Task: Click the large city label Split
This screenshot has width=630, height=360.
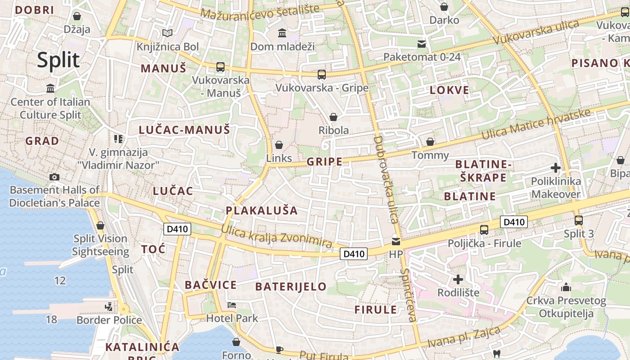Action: pos(58,60)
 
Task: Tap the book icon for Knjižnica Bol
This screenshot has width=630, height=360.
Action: pos(167,33)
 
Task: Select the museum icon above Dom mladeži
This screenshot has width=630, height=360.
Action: pos(282,33)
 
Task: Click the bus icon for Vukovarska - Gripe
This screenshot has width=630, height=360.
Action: pos(321,75)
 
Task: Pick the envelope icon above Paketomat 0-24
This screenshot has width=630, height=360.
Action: pos(422,44)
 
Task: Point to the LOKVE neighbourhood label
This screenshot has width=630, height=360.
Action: pos(449,90)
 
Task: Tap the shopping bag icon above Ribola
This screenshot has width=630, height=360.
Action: pos(333,117)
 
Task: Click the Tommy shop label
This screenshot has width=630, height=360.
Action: pos(430,155)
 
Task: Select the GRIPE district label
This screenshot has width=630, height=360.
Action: pos(324,162)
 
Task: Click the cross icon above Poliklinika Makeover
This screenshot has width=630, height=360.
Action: pos(556,168)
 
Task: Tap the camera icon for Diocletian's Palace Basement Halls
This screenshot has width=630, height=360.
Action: pos(54,177)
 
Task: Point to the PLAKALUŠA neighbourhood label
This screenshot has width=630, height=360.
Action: pos(261,210)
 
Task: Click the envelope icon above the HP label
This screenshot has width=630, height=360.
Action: pos(396,241)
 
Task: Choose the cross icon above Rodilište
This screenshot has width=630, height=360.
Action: pos(458,279)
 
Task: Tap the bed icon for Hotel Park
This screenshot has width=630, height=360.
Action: pos(232,305)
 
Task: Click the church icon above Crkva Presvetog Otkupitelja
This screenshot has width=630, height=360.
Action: pos(566,287)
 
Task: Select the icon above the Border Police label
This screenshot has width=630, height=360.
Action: pos(108,307)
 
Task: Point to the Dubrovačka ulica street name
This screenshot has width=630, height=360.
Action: pos(386,180)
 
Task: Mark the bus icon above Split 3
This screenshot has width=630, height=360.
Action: pos(579,220)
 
